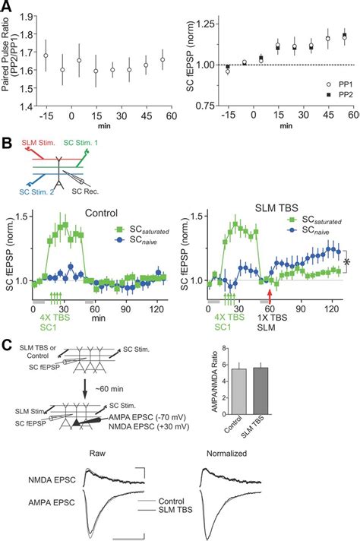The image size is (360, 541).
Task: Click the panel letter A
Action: pos(6,7)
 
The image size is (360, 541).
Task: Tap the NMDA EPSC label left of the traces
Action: pos(50,479)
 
